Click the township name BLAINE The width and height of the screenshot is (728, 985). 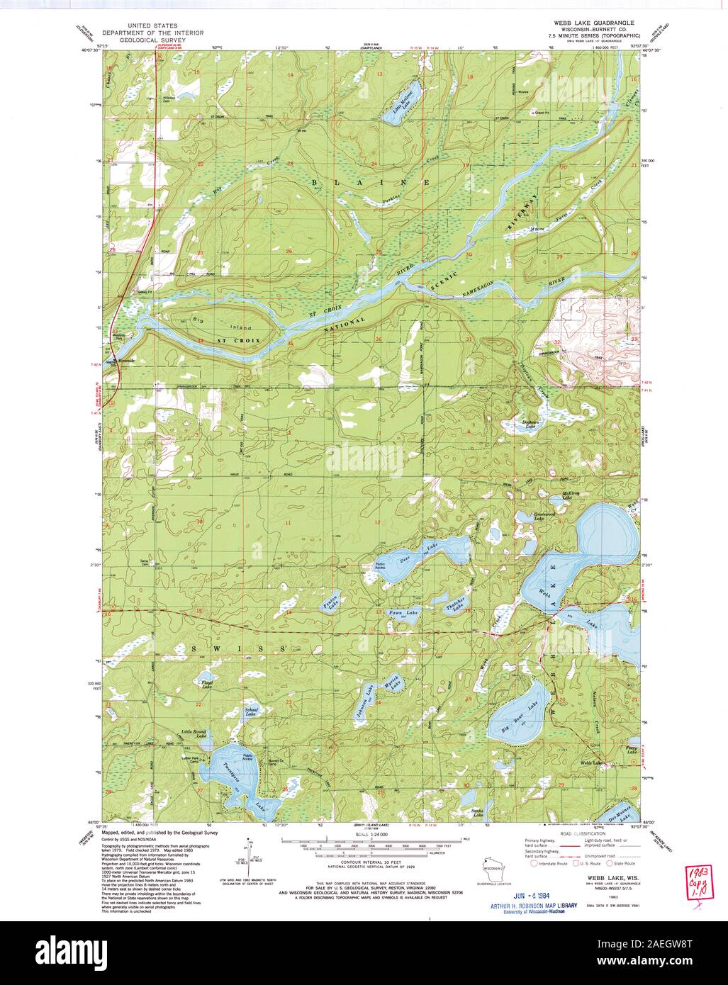(369, 182)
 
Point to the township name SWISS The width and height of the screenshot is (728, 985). (238, 649)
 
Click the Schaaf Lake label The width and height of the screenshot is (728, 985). (250, 711)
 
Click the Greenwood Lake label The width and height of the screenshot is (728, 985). (544, 517)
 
